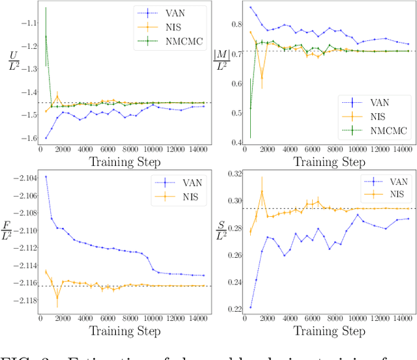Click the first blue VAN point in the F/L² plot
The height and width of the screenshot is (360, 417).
pyautogui.click(x=46, y=176)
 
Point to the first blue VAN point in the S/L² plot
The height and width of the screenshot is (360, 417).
pyautogui.click(x=251, y=307)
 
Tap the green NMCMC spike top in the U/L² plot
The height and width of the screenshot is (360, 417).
pyautogui.click(x=46, y=8)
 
